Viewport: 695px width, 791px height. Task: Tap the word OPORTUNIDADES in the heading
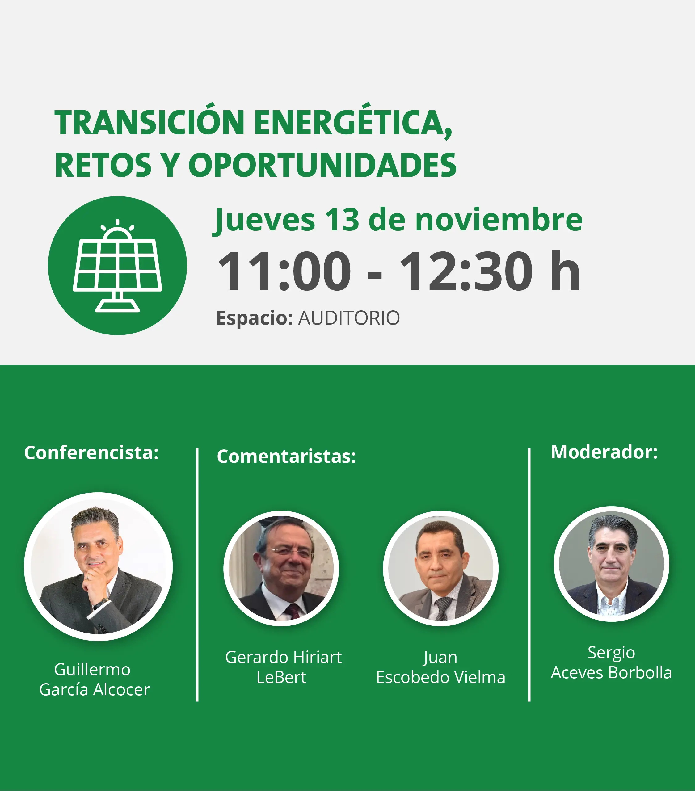(322, 165)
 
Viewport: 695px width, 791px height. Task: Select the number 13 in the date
(342, 220)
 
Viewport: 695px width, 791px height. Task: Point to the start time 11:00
(285, 271)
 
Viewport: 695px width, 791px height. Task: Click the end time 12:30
(465, 271)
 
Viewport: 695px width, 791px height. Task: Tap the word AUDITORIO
(349, 318)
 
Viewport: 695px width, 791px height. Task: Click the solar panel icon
(117, 266)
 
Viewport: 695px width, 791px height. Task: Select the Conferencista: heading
(91, 452)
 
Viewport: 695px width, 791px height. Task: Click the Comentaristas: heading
(286, 456)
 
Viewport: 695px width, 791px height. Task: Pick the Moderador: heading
(604, 452)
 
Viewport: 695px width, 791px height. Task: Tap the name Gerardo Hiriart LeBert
(283, 667)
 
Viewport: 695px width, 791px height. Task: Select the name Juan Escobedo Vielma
(441, 667)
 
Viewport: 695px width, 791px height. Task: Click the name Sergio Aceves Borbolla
(611, 663)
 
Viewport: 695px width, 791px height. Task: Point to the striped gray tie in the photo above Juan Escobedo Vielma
(443, 608)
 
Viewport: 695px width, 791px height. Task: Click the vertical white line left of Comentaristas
(197, 575)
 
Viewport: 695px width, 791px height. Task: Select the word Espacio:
(254, 318)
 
